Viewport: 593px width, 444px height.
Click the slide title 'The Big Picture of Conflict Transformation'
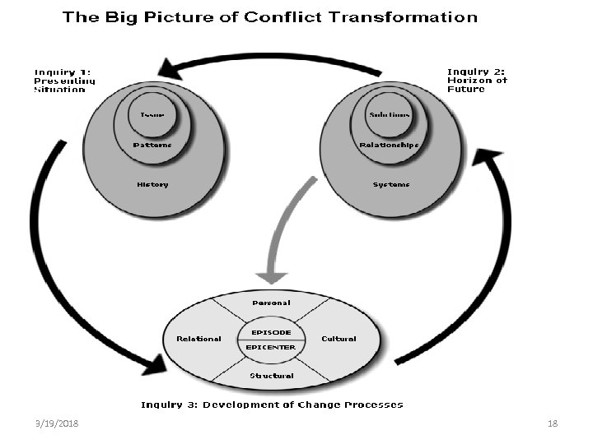[270, 17]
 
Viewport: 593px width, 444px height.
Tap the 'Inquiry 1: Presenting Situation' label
[64, 81]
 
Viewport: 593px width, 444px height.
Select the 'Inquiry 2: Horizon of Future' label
[477, 80]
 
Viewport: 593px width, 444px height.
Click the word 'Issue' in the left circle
[152, 114]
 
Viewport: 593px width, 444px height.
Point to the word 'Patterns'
[152, 146]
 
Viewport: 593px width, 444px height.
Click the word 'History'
[152, 184]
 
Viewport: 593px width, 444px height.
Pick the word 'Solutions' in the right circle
[390, 114]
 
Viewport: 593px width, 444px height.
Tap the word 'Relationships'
[390, 146]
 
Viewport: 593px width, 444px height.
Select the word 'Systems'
[390, 184]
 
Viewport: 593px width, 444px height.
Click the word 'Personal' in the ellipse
[271, 303]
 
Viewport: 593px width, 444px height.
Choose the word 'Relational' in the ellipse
[198, 339]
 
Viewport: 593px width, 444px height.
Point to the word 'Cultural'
[339, 339]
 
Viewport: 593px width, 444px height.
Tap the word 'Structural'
[272, 376]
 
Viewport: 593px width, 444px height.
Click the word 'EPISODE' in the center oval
[271, 332]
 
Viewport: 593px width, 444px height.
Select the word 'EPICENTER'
[271, 347]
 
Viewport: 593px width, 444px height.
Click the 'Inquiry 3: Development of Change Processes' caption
[272, 405]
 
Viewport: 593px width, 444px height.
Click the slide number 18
[553, 423]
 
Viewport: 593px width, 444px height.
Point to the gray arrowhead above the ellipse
[271, 277]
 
